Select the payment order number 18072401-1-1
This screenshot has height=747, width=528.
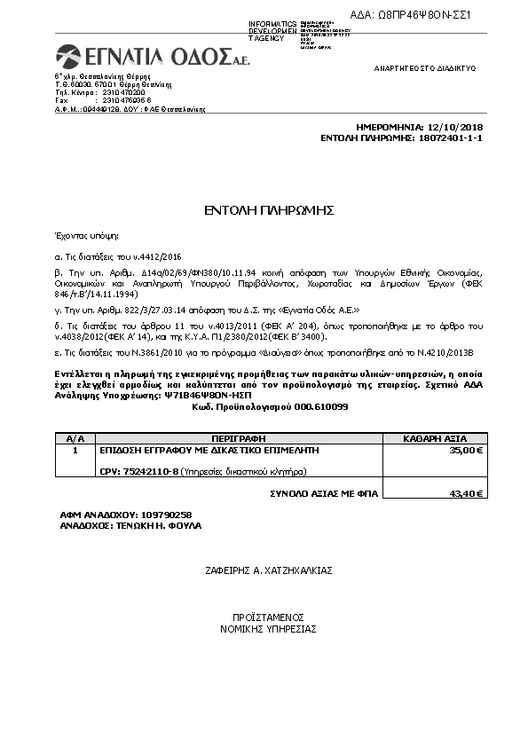pyautogui.click(x=449, y=138)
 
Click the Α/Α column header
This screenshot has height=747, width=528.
pyautogui.click(x=75, y=438)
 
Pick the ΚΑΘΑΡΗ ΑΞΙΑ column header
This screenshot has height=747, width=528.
pyautogui.click(x=434, y=438)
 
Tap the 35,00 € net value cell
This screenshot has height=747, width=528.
pyautogui.click(x=467, y=451)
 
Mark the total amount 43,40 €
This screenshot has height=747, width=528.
pyautogui.click(x=467, y=493)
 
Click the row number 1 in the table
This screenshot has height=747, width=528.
pyautogui.click(x=75, y=451)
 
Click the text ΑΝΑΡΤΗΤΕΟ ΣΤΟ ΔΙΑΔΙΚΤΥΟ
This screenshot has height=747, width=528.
pyautogui.click(x=425, y=67)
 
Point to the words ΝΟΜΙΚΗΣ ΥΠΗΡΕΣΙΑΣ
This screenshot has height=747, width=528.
pyautogui.click(x=268, y=628)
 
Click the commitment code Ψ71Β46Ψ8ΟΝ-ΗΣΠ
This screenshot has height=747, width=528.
pyautogui.click(x=184, y=396)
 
